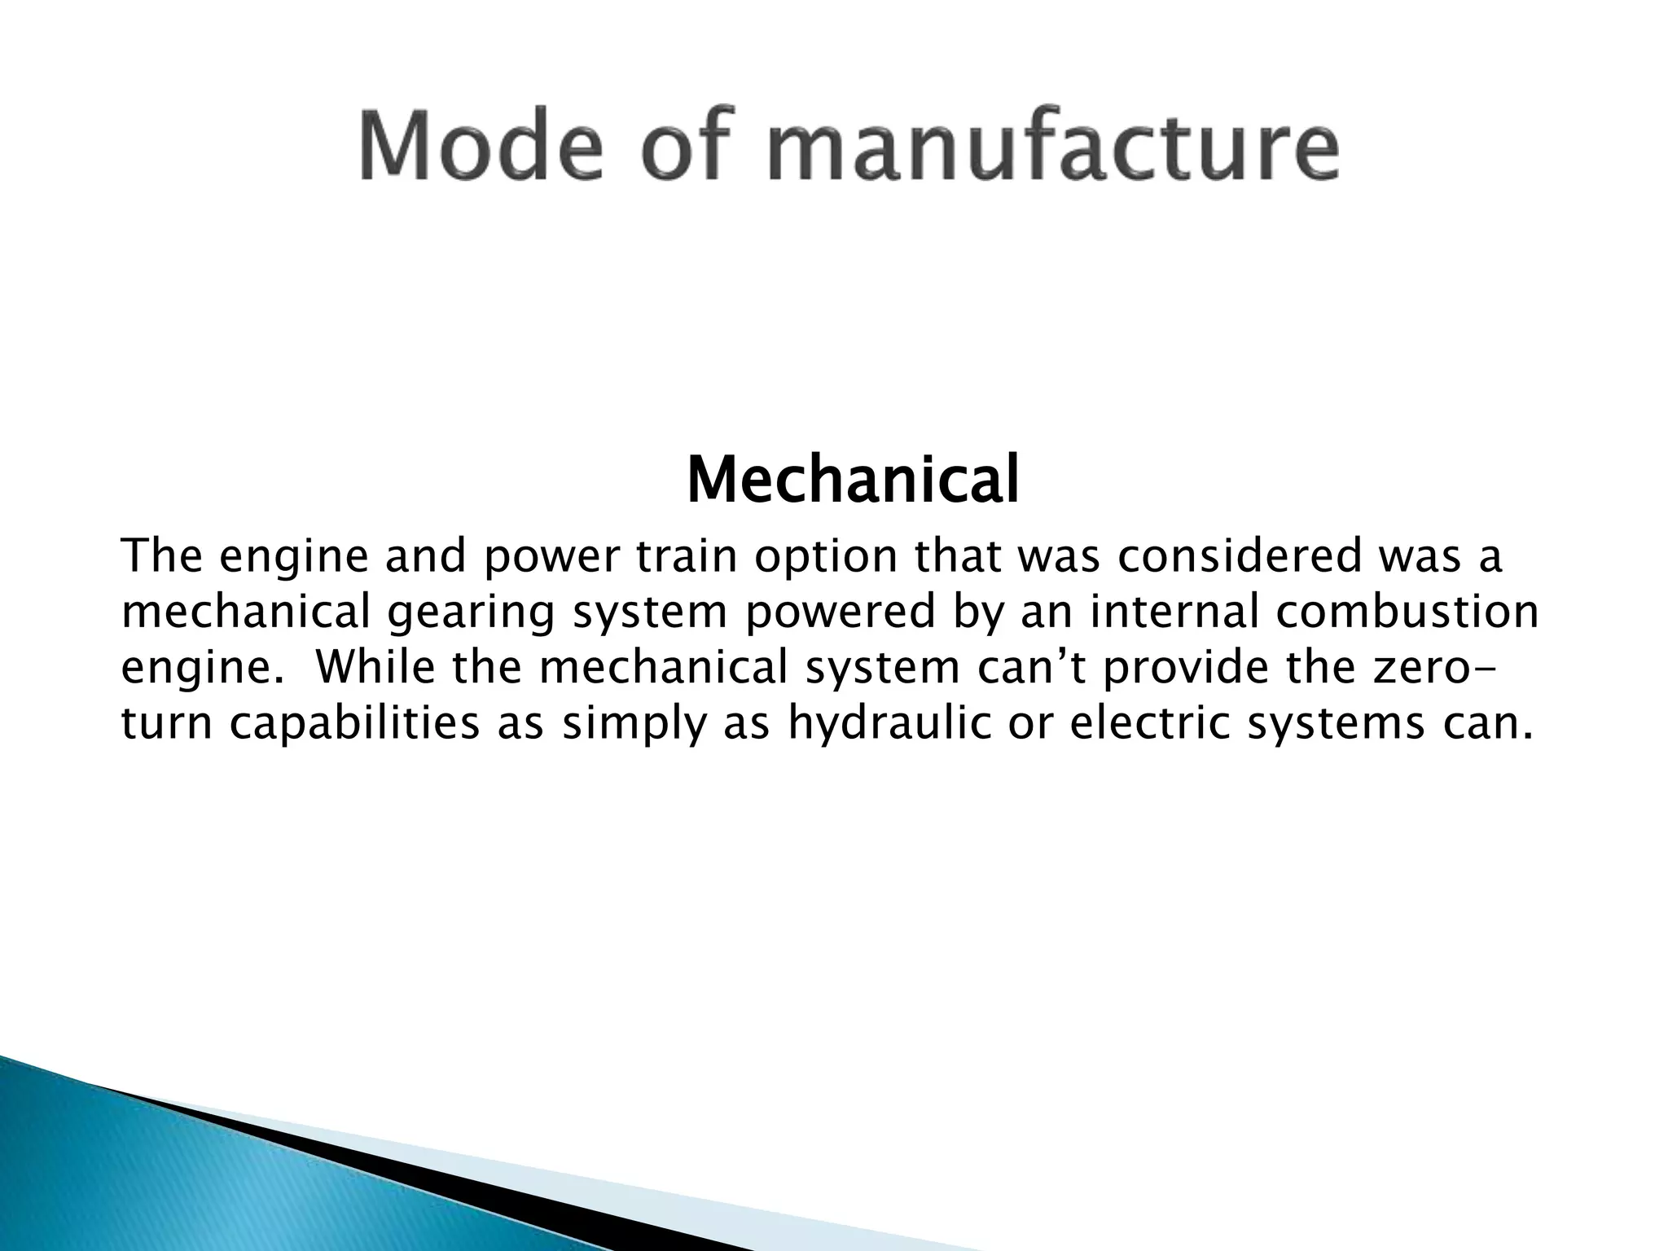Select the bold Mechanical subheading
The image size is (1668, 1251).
tap(853, 481)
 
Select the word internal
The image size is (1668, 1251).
tap(1175, 612)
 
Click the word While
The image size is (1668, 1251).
tap(375, 667)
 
